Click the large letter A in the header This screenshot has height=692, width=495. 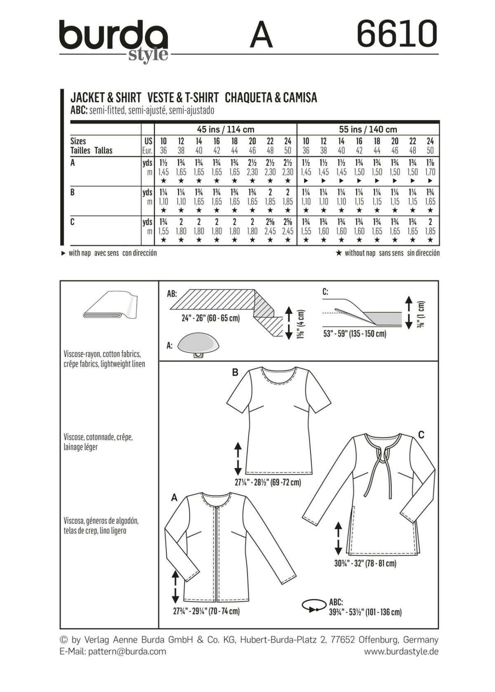(261, 35)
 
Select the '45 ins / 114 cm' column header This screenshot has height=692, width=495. (225, 129)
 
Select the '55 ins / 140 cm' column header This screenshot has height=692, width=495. (368, 129)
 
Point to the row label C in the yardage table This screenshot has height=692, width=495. (73, 222)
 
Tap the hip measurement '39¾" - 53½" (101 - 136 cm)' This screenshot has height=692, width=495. (365, 613)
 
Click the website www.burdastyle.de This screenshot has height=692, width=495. (401, 651)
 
